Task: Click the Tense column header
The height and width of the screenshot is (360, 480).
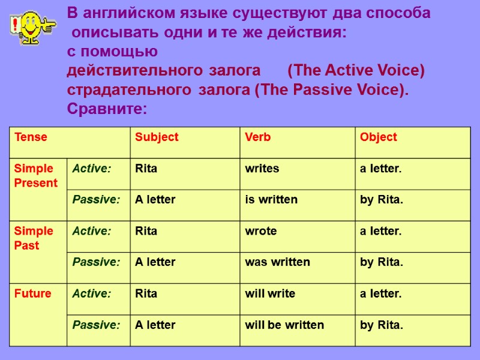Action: click(x=31, y=137)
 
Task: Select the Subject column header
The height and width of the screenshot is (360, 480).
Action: click(x=157, y=137)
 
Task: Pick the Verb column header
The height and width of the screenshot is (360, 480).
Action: click(x=258, y=137)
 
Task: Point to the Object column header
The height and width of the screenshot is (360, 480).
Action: click(x=378, y=137)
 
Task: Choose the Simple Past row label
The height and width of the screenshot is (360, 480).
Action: click(x=34, y=238)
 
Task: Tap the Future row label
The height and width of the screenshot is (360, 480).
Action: click(x=32, y=294)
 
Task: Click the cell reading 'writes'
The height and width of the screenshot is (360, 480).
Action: click(x=262, y=169)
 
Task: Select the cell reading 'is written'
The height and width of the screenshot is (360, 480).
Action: click(x=271, y=200)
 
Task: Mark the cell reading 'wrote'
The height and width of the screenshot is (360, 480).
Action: click(x=261, y=231)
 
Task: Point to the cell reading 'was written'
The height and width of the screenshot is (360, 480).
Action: click(x=277, y=262)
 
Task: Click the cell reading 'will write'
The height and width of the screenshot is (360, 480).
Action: click(x=270, y=294)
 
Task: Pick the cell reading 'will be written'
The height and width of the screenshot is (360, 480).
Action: click(x=284, y=325)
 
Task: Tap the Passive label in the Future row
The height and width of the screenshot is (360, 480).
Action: click(x=96, y=325)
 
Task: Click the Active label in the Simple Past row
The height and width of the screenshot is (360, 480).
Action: click(x=92, y=231)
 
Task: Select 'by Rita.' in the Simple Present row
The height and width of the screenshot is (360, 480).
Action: click(x=382, y=200)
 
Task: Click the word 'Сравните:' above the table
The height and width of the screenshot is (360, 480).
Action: click(x=107, y=109)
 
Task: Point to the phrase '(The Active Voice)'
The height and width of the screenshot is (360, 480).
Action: click(x=356, y=71)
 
